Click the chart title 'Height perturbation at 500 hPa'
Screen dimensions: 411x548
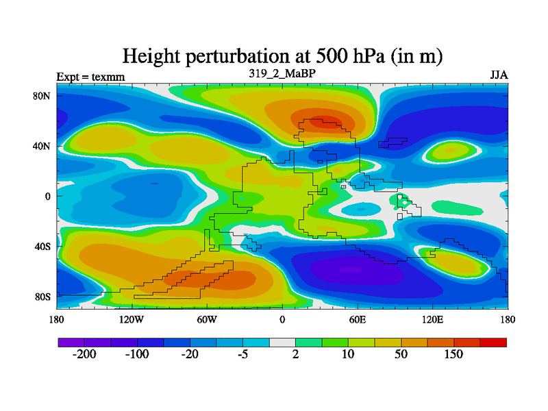(282, 56)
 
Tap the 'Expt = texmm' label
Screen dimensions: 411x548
(90, 77)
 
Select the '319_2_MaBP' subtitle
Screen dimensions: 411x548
(282, 73)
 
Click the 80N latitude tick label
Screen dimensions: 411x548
(43, 96)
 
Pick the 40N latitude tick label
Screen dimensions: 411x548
(43, 146)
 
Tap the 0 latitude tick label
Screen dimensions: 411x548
(49, 196)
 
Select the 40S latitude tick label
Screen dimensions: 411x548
(43, 246)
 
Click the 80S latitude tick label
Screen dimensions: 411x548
(43, 297)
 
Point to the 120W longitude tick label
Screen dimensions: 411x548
(132, 319)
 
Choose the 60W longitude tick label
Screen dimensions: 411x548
(207, 319)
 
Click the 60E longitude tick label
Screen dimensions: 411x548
(357, 319)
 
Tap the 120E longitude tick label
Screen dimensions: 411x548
(432, 319)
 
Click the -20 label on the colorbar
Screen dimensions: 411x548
(189, 354)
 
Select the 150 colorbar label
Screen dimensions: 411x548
(453, 354)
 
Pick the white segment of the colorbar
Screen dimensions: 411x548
(282, 342)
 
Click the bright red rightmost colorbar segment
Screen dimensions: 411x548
(493, 342)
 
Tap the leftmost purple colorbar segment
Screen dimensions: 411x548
(71, 342)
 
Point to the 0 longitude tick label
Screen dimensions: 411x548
(282, 319)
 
